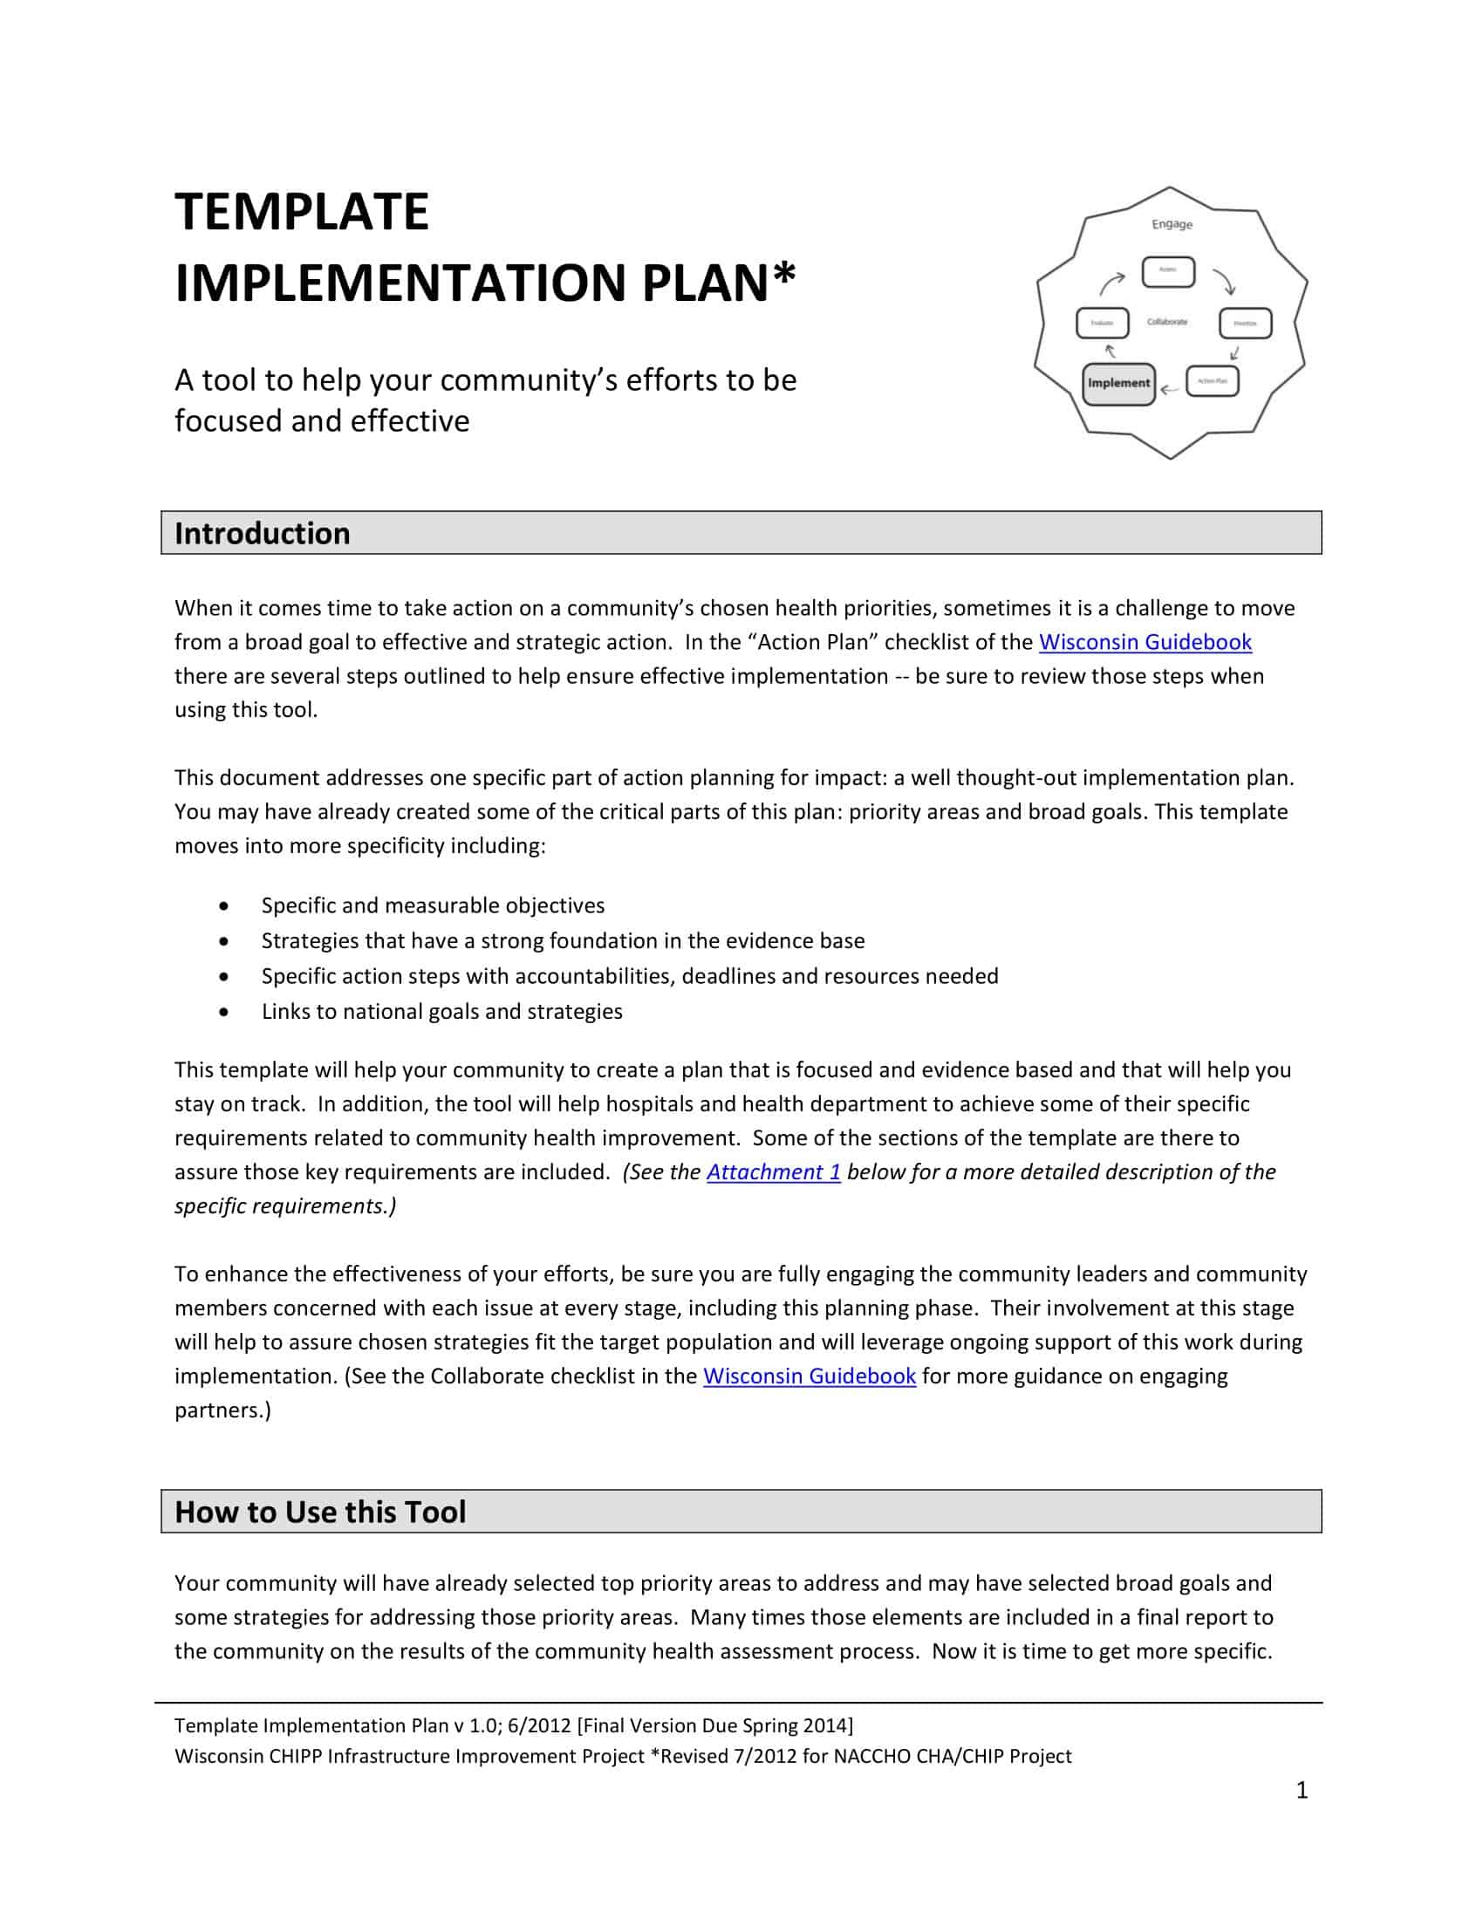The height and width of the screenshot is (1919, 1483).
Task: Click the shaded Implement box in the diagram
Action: (1117, 383)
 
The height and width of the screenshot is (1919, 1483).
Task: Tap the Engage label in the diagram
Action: (1172, 224)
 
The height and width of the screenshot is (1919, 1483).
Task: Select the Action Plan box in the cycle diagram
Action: (1213, 380)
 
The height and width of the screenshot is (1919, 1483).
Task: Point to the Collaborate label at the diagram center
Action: (1166, 322)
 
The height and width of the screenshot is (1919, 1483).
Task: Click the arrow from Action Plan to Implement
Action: (1169, 388)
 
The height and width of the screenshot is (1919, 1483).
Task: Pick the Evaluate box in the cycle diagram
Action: (1102, 323)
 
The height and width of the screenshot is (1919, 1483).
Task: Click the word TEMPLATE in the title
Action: (301, 212)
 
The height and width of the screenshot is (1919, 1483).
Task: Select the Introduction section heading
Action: (262, 533)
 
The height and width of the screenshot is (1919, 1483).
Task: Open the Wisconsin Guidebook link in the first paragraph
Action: (1145, 642)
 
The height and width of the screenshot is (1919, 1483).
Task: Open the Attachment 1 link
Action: (773, 1172)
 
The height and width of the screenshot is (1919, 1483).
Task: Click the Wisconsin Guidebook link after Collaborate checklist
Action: (810, 1376)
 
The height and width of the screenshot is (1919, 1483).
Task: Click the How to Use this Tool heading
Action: (320, 1512)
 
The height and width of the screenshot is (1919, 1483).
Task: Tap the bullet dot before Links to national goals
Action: (226, 1012)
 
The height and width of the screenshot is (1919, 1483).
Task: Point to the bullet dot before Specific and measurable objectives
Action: (226, 906)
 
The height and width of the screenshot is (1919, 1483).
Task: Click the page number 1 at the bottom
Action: (1302, 1791)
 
